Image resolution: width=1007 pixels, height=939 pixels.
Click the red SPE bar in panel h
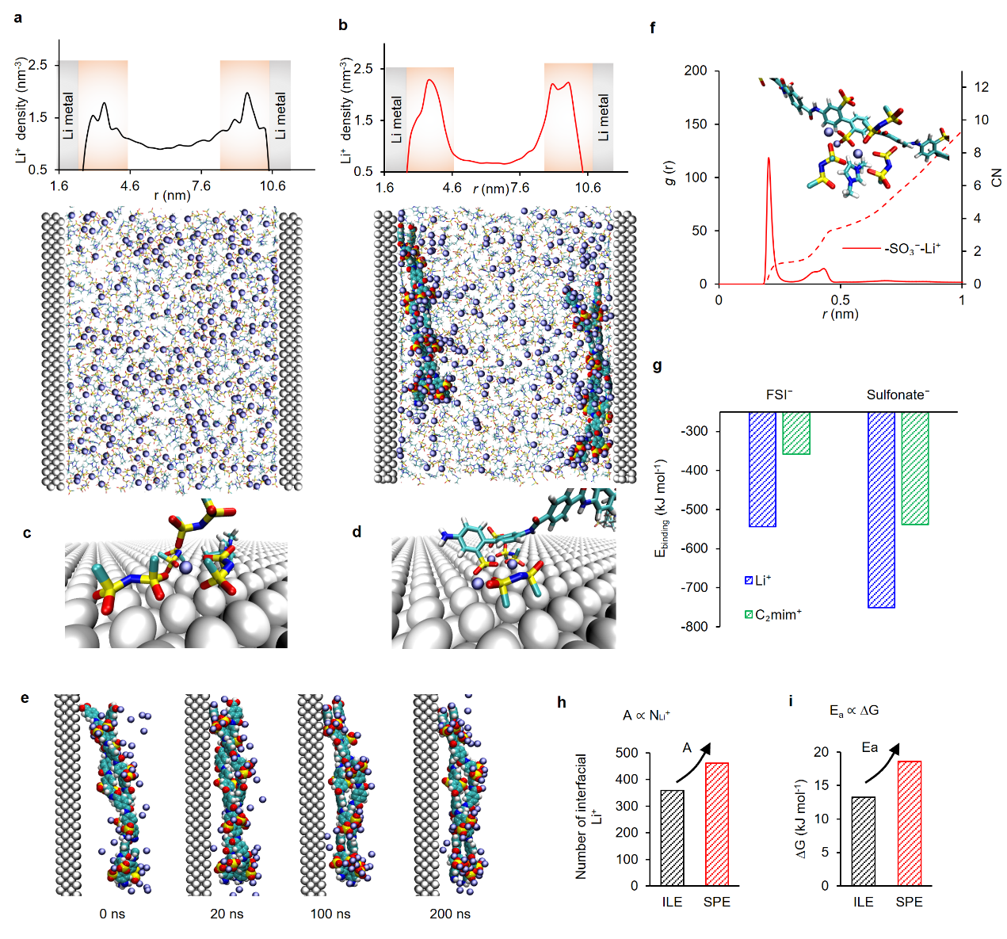tap(716, 824)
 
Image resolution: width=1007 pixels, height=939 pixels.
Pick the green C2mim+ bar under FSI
tap(796, 433)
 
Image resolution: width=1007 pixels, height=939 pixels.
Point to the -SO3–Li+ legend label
tap(912, 249)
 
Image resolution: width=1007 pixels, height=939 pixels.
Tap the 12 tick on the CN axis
tap(981, 87)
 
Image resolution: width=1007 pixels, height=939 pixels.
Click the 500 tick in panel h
tap(627, 753)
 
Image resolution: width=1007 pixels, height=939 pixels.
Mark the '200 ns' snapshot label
tap(449, 914)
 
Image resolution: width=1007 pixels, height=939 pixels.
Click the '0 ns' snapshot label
tap(113, 914)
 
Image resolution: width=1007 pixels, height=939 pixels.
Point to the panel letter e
tap(25, 698)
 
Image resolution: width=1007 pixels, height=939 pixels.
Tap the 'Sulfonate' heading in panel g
tap(898, 395)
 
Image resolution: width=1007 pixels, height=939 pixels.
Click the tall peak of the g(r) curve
tap(769, 159)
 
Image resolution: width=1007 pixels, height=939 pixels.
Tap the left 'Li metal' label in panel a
tap(68, 116)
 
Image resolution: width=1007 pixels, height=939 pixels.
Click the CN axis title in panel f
tap(997, 177)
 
